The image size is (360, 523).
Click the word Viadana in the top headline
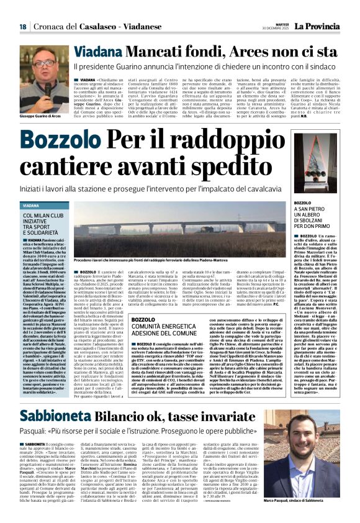(94, 51)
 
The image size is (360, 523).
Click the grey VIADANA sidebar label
(32, 206)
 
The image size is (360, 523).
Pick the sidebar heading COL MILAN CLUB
(43, 216)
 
